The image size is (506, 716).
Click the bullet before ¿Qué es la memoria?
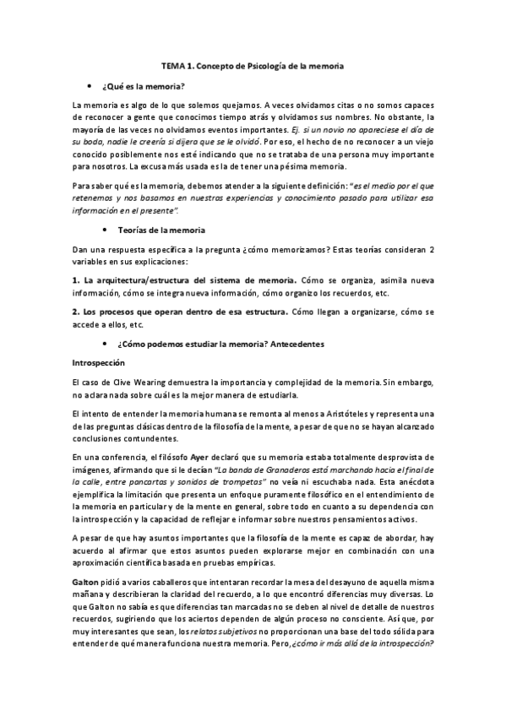pos(90,87)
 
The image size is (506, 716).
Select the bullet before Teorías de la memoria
pos(104,231)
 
